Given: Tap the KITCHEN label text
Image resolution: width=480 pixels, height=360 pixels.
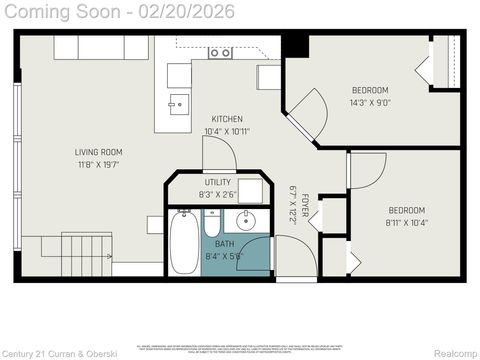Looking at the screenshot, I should click(226, 119).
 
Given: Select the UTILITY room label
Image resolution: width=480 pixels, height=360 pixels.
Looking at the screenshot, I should click(217, 183).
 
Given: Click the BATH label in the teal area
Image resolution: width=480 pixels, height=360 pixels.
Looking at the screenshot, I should click(218, 242).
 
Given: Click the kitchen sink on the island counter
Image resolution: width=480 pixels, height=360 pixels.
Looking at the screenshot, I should click(178, 101).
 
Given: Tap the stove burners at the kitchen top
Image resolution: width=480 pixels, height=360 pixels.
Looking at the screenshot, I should click(220, 52).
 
